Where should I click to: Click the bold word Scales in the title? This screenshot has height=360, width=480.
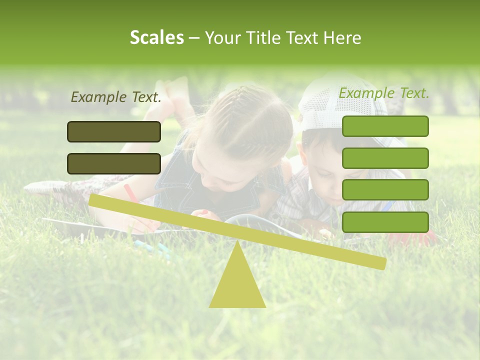pyautogui.click(x=156, y=37)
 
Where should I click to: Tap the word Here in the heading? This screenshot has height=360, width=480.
pyautogui.click(x=341, y=37)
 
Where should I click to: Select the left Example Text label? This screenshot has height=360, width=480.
pyautogui.click(x=115, y=97)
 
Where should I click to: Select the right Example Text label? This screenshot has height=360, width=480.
pyautogui.click(x=384, y=93)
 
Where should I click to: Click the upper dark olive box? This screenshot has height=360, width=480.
pyautogui.click(x=114, y=131)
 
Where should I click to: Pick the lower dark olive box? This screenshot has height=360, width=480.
pyautogui.click(x=114, y=163)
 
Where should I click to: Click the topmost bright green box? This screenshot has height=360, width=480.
pyautogui.click(x=385, y=126)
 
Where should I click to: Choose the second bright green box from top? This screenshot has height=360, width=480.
pyautogui.click(x=385, y=158)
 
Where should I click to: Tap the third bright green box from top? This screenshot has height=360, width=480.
pyautogui.click(x=385, y=190)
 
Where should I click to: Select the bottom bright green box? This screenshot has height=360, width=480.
pyautogui.click(x=385, y=222)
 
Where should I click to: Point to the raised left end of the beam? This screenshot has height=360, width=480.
pyautogui.click(x=95, y=200)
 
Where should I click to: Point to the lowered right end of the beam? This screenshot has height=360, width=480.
pyautogui.click(x=380, y=263)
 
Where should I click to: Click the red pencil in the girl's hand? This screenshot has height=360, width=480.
pyautogui.click(x=131, y=193)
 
